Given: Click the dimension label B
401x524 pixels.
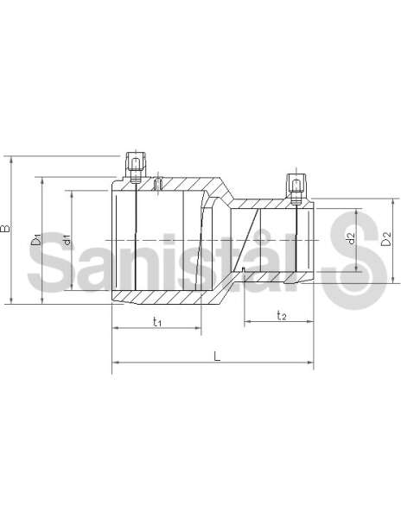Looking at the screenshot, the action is click(x=6, y=228).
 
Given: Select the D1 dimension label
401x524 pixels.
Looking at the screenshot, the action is click(x=36, y=240).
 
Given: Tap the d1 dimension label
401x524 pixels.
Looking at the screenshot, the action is click(x=67, y=240).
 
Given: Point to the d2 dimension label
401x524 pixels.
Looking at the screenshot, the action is click(x=351, y=238).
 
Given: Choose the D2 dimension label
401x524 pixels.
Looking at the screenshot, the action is click(x=386, y=238).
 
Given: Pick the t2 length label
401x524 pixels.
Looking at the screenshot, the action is click(x=282, y=315).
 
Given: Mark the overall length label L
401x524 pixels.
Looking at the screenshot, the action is click(x=218, y=357).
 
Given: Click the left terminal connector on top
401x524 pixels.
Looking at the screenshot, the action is click(x=136, y=167).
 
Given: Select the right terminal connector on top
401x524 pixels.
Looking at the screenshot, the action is click(x=296, y=189).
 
